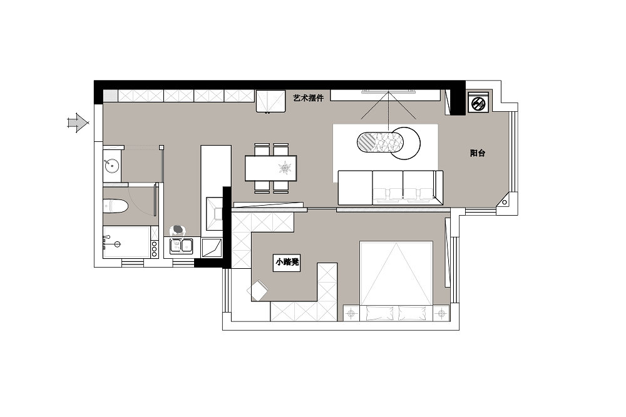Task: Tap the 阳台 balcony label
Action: (x=478, y=153)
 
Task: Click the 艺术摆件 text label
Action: (x=308, y=98)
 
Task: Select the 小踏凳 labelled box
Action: (x=287, y=263)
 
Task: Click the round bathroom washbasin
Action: (x=112, y=164)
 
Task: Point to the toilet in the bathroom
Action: (x=115, y=206)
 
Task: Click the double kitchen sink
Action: (x=182, y=246)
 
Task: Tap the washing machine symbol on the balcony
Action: (x=478, y=104)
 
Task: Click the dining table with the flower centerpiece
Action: (x=271, y=168)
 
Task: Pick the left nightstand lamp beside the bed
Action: (x=351, y=314)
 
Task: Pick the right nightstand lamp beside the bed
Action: (x=441, y=314)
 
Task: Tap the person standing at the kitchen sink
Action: (x=178, y=231)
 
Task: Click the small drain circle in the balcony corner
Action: (x=505, y=202)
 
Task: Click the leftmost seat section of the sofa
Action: (x=356, y=188)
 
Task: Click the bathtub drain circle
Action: (x=118, y=244)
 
